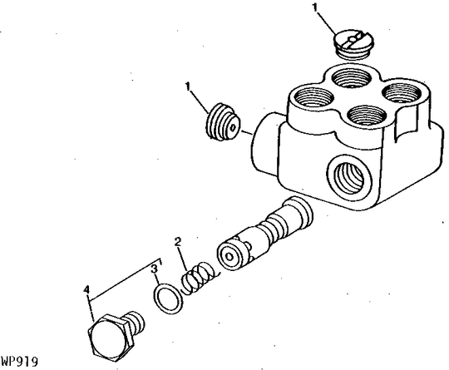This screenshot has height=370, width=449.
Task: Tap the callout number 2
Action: pyautogui.click(x=177, y=242)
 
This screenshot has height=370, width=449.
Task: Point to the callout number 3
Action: pyautogui.click(x=154, y=268)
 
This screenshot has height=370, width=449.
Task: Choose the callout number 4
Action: pyautogui.click(x=86, y=289)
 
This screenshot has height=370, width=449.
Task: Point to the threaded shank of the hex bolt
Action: pyautogui.click(x=135, y=318)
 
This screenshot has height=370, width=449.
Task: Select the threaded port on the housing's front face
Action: pyautogui.click(x=343, y=175)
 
